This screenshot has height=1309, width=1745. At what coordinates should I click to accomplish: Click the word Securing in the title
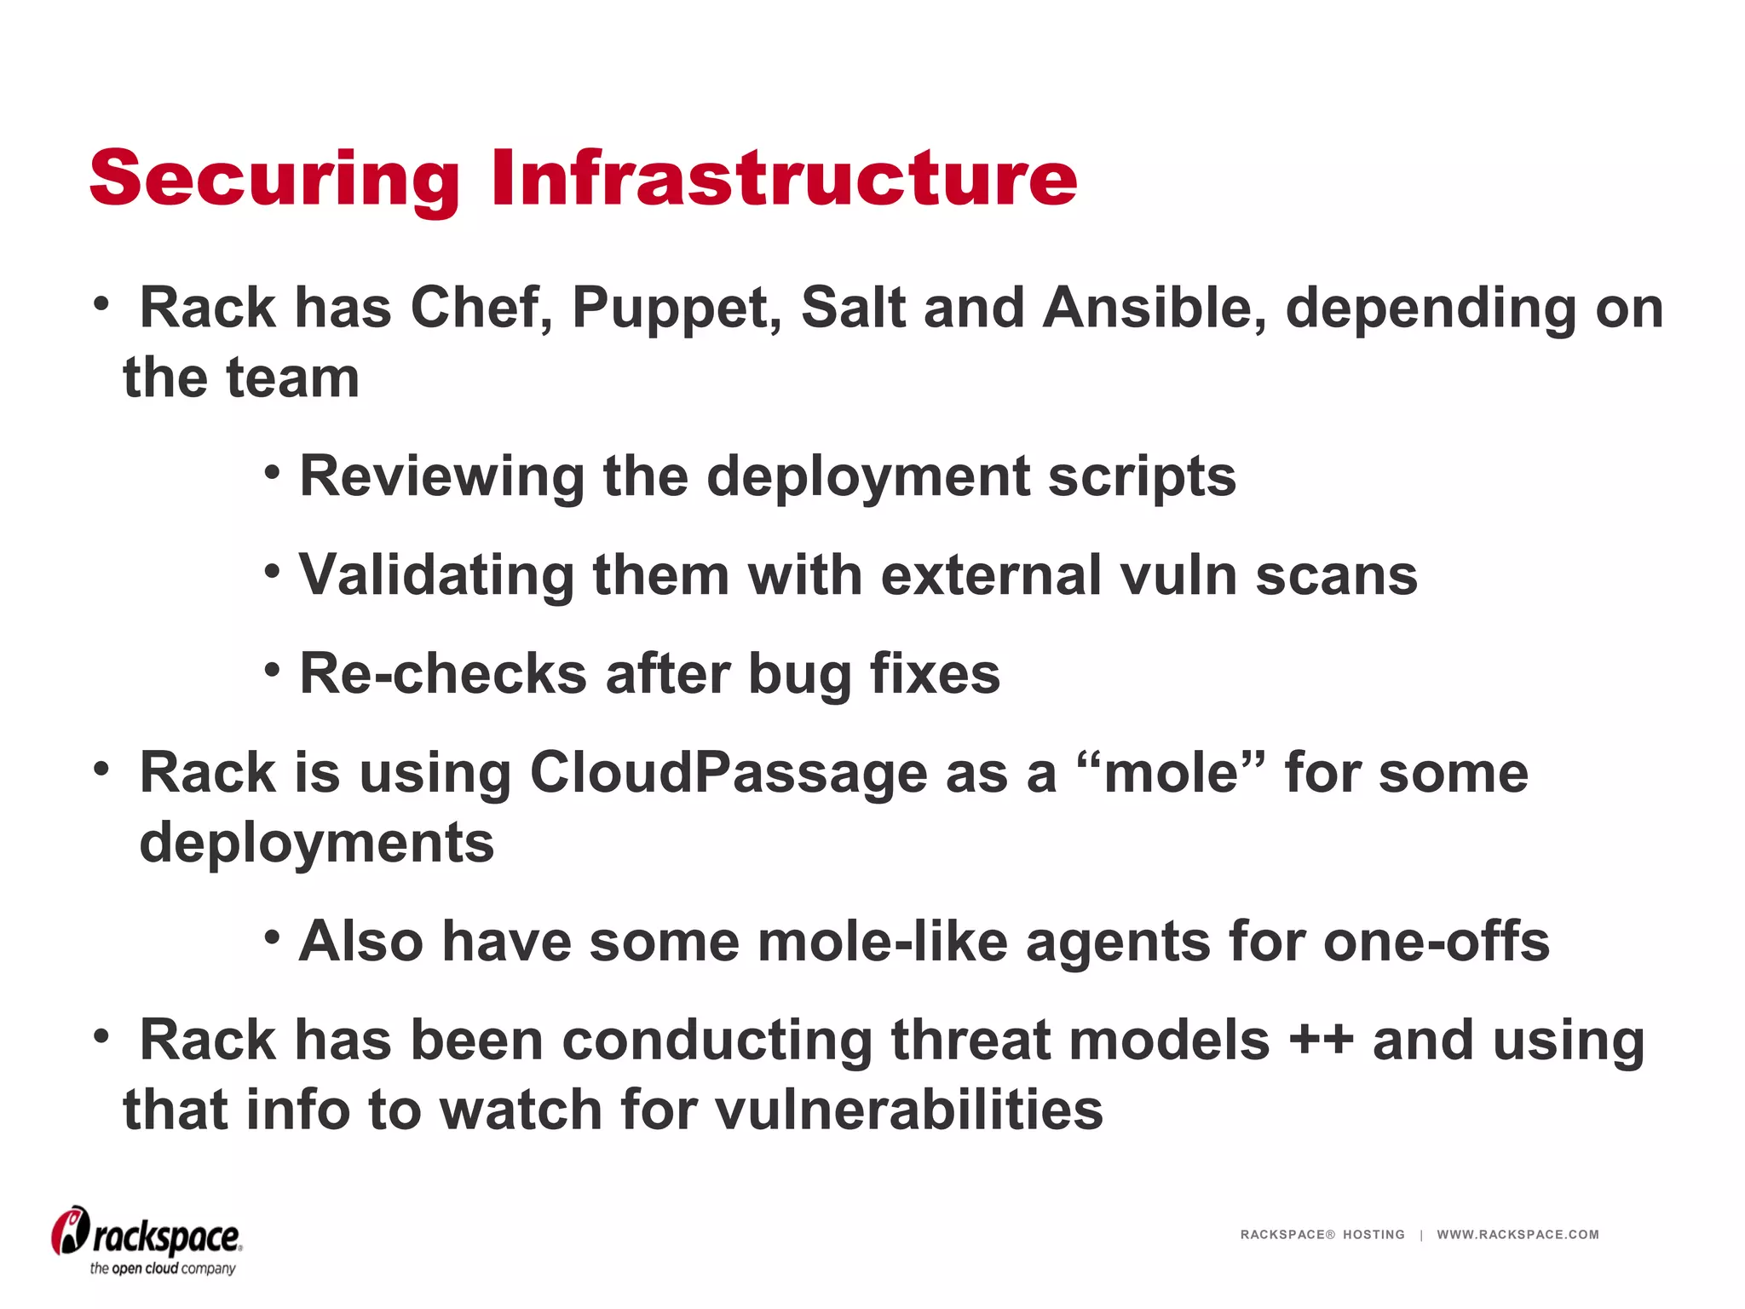pyautogui.click(x=274, y=179)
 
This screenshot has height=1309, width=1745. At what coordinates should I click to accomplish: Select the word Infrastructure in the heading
pyautogui.click(x=784, y=179)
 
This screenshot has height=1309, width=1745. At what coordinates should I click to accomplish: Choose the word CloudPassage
pyautogui.click(x=728, y=774)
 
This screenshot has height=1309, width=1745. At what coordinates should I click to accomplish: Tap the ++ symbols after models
pyautogui.click(x=1321, y=1041)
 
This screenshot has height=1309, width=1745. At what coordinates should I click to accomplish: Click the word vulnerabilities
pyautogui.click(x=909, y=1110)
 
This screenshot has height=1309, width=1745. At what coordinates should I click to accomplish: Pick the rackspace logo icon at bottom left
pyautogui.click(x=70, y=1231)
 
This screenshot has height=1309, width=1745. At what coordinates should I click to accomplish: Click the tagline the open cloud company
pyautogui.click(x=163, y=1269)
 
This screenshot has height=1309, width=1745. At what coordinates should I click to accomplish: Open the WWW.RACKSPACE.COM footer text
pyautogui.click(x=1518, y=1235)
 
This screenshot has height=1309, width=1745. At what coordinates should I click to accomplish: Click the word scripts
pyautogui.click(x=1142, y=476)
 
